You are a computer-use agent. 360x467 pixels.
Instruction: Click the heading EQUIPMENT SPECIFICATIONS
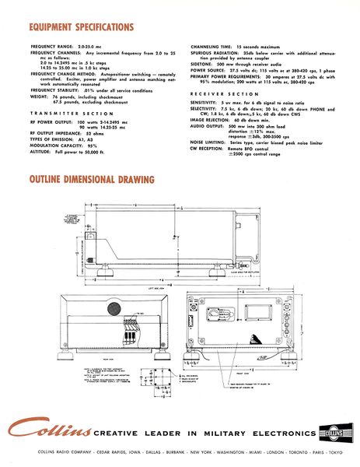pos(82,27)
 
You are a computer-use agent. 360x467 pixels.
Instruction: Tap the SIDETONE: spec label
pos(202,64)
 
